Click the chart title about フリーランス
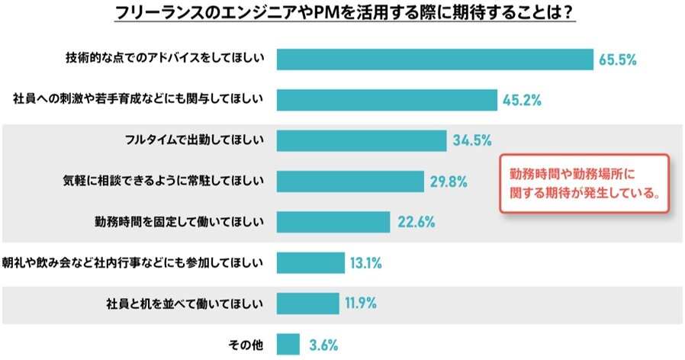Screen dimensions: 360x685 point(342,14)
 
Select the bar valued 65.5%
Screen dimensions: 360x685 point(435,59)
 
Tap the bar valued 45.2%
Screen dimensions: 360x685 point(387,99)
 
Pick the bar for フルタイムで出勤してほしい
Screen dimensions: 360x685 point(361,140)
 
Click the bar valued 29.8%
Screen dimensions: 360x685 point(349,182)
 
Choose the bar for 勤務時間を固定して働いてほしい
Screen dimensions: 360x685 point(333,222)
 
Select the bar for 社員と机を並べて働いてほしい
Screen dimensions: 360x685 point(307,304)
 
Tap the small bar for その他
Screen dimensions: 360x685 point(288,345)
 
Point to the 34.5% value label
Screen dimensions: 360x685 point(471,140)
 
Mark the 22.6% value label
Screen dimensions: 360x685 point(416,222)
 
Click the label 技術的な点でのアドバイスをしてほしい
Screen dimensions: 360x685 point(165,59)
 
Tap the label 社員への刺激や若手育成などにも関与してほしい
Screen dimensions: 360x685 point(139,99)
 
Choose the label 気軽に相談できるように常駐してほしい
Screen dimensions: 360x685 point(163,182)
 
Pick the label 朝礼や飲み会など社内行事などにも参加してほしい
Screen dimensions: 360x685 point(133,263)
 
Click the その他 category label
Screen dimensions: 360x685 point(246,345)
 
